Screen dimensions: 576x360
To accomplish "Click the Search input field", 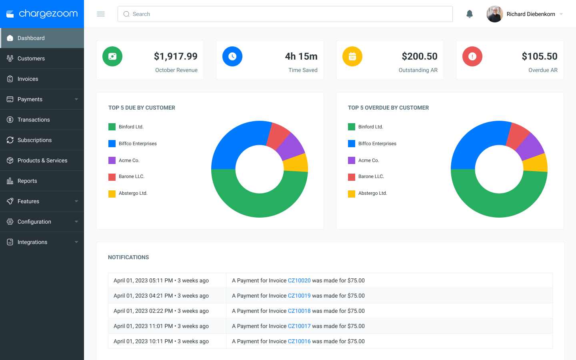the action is [x=285, y=14].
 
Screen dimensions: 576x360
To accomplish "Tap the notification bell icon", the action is [x=470, y=14].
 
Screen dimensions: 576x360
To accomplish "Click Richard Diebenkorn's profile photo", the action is [x=494, y=14].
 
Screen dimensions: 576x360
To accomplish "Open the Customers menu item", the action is [x=31, y=58].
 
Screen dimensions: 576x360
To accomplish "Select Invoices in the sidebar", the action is [x=28, y=79].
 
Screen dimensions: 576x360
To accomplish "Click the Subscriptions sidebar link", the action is [x=34, y=140].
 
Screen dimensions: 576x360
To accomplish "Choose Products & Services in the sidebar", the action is [x=42, y=160].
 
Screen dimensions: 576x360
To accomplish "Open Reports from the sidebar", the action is [x=27, y=181].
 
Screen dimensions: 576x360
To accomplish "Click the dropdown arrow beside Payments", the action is [x=76, y=99].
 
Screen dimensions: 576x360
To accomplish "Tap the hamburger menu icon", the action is [x=101, y=14].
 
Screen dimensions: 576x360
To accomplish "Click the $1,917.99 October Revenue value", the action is [x=176, y=56].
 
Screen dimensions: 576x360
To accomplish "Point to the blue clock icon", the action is [x=232, y=56].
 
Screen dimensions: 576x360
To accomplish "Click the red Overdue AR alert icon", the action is [x=472, y=56].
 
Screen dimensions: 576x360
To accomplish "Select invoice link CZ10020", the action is [x=299, y=280].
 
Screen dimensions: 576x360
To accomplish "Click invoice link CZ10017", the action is [x=299, y=326].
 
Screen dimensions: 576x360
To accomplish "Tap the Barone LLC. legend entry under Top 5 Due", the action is [x=126, y=177].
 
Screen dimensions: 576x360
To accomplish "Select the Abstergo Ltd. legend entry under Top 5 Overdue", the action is [x=368, y=193].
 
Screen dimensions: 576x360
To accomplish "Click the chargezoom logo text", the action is [x=48, y=14].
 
